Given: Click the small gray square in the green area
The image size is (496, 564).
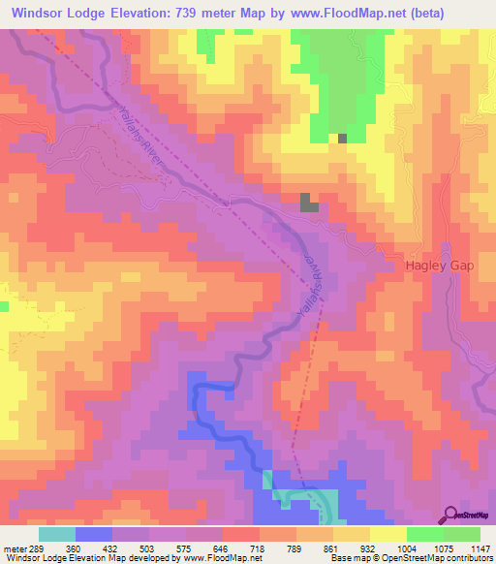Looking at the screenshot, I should [342, 139].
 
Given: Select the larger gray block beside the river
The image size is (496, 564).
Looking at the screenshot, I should [309, 202].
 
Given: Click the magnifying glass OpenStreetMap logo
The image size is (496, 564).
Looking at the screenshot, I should [452, 515].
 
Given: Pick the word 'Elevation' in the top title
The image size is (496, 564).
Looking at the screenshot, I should [145, 14].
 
